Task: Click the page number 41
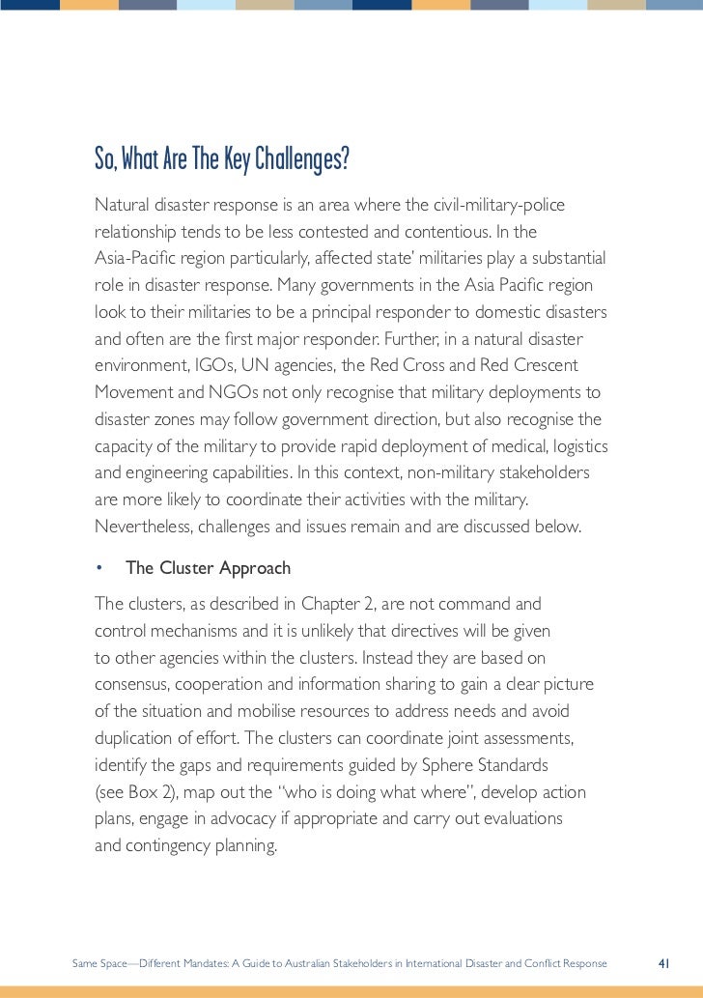tap(663, 963)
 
